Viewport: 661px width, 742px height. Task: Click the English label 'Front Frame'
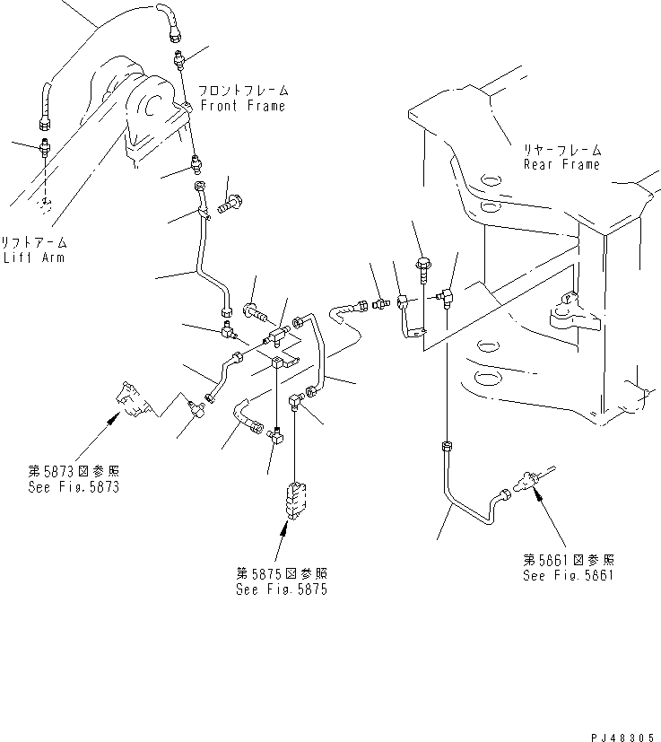(x=242, y=106)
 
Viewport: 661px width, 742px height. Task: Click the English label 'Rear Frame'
(x=562, y=164)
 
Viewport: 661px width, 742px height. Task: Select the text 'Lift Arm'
(x=37, y=258)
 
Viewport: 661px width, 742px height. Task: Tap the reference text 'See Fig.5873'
(x=73, y=487)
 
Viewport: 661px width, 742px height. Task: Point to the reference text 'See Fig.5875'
(x=280, y=589)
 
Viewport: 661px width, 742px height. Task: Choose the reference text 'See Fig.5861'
(x=569, y=575)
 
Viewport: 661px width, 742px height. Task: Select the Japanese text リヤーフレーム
(x=562, y=151)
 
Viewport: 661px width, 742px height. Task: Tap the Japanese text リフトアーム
(x=37, y=243)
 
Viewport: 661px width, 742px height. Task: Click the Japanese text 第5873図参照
(x=73, y=472)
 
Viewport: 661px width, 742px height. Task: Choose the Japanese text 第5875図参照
(x=280, y=574)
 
